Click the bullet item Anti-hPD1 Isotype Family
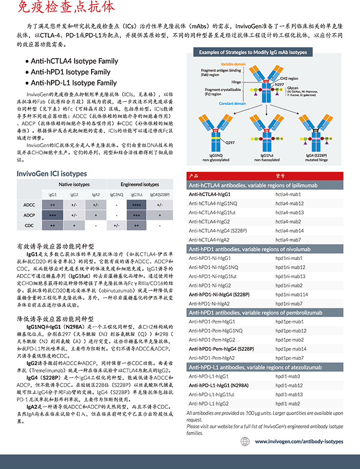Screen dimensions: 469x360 click(70, 72)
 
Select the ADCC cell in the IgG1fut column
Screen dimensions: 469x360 click(136, 205)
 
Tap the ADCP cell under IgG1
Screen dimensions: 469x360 click(52, 215)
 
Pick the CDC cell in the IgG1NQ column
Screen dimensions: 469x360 click(117, 225)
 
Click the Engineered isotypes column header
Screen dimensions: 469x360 click(139, 184)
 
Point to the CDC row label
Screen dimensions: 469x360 click(29, 225)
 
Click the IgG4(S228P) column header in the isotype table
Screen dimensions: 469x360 click(160, 195)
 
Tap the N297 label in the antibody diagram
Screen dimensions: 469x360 click(279, 84)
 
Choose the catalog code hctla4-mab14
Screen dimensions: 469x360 click(290, 231)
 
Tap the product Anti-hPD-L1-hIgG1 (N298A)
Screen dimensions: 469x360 click(219, 385)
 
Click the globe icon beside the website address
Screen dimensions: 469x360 click(245, 441)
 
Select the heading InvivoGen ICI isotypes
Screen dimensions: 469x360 click(52, 173)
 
